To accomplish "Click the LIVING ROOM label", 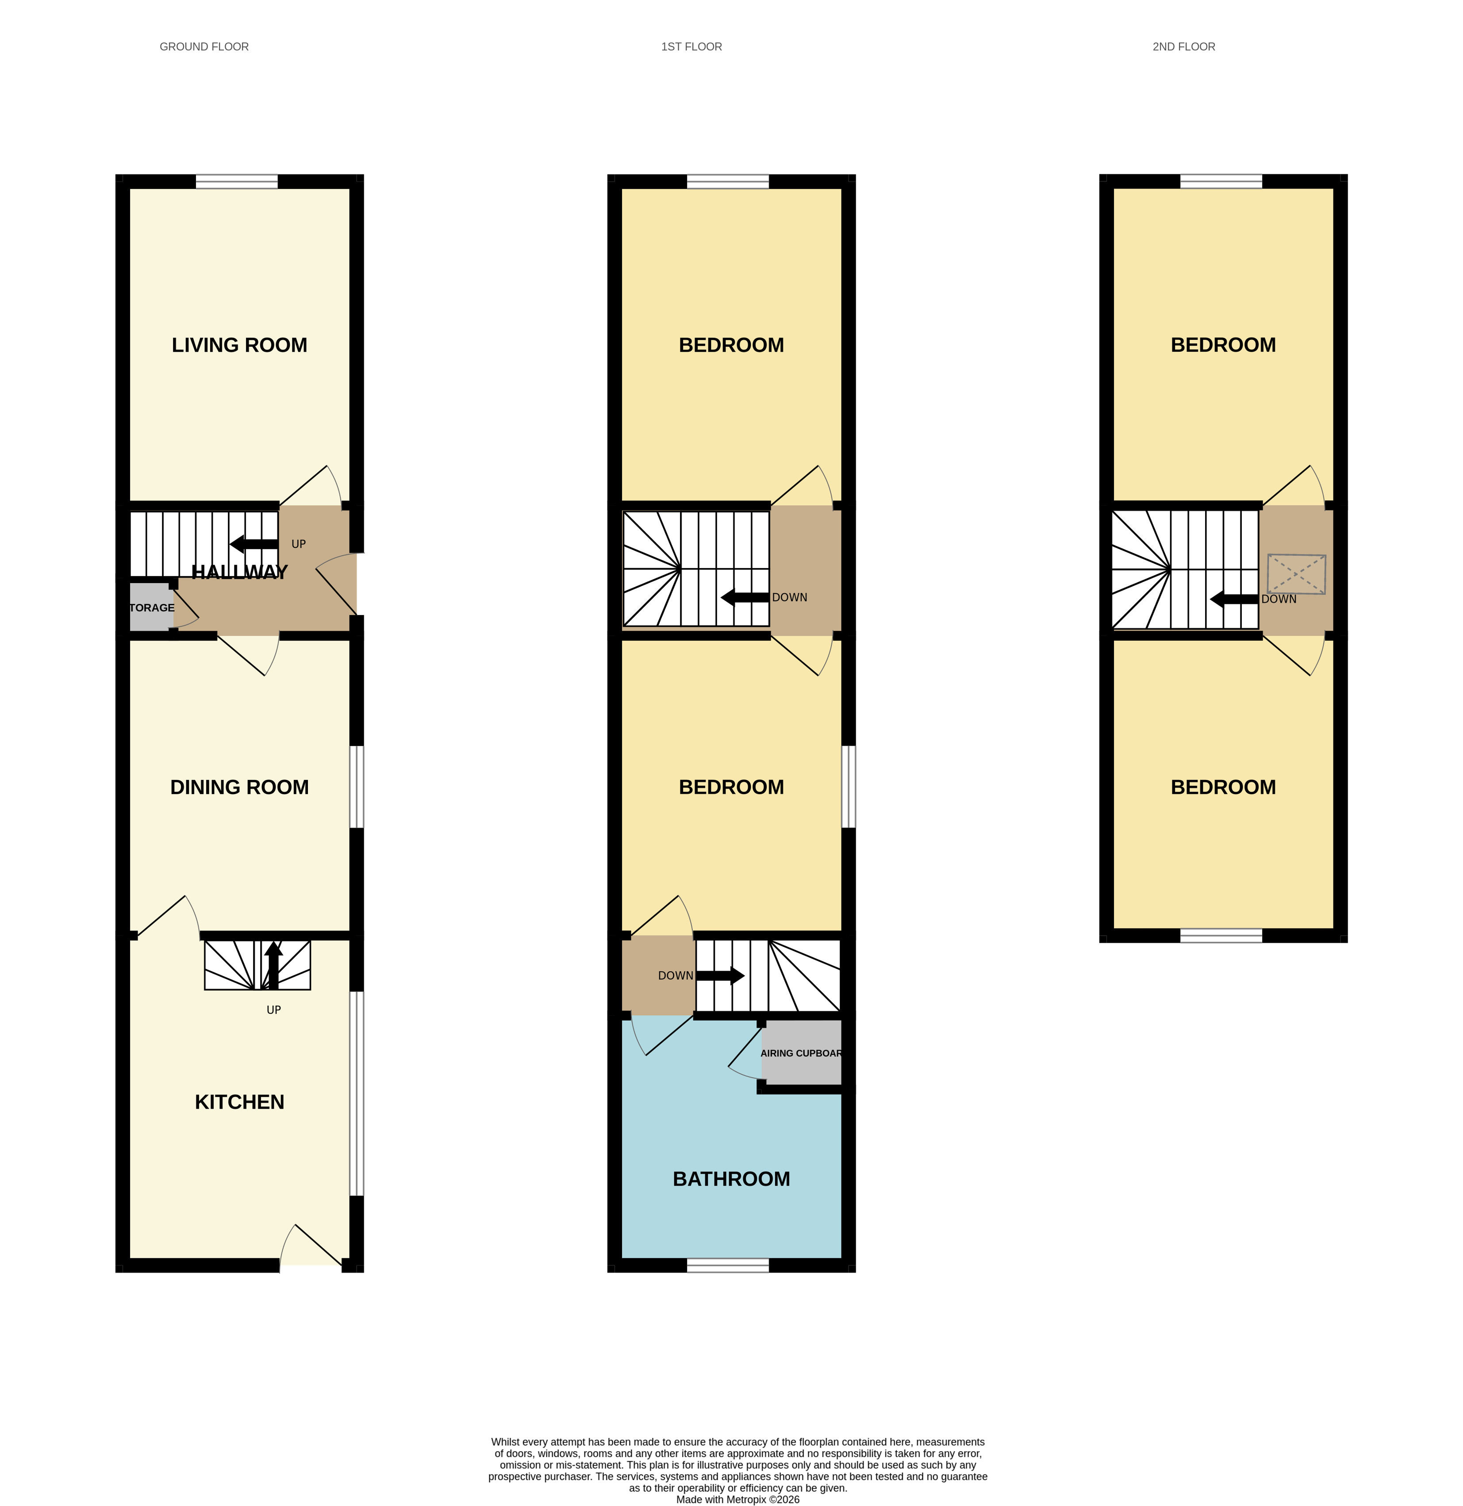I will click(239, 345).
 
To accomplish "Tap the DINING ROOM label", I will click(239, 787).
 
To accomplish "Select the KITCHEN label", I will click(239, 1102).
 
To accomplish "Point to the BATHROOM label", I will click(731, 1179).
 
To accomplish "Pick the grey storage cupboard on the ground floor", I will click(150, 607).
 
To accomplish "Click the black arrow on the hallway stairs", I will click(253, 544).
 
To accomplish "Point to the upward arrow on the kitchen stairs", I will click(273, 965).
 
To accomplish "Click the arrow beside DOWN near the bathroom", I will click(720, 976).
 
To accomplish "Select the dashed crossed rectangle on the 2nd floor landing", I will click(1296, 573).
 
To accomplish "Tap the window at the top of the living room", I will click(237, 181).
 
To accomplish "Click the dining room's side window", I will click(357, 786).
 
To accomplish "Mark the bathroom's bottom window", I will click(728, 1265).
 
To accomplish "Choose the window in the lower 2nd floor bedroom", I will click(1221, 935).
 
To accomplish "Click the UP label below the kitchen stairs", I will click(273, 1010).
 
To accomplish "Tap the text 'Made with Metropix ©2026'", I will click(737, 1499).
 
